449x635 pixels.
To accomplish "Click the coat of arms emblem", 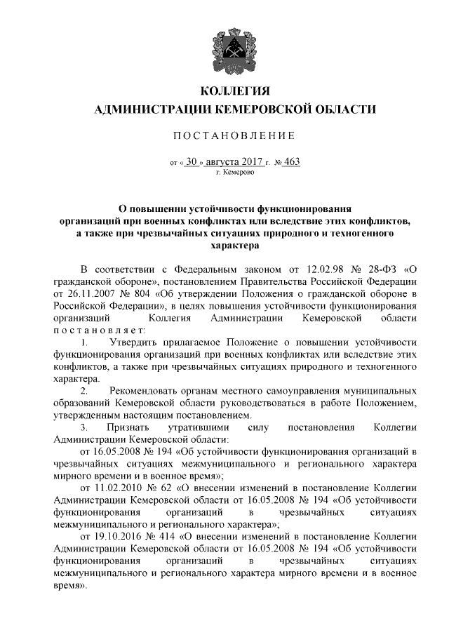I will tap(224, 46).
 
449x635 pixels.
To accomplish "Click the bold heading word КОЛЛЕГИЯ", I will tap(224, 91).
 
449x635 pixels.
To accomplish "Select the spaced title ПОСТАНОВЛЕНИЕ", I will tap(224, 135).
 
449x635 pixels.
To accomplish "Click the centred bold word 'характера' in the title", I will tap(224, 245).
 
